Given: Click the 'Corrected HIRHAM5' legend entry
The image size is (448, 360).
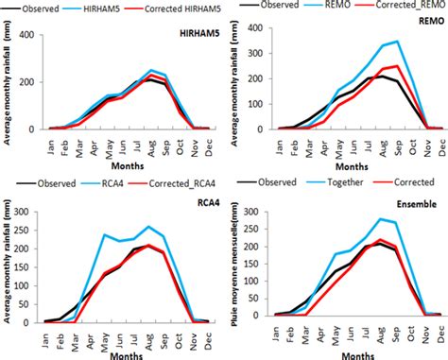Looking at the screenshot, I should pyautogui.click(x=157, y=9).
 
